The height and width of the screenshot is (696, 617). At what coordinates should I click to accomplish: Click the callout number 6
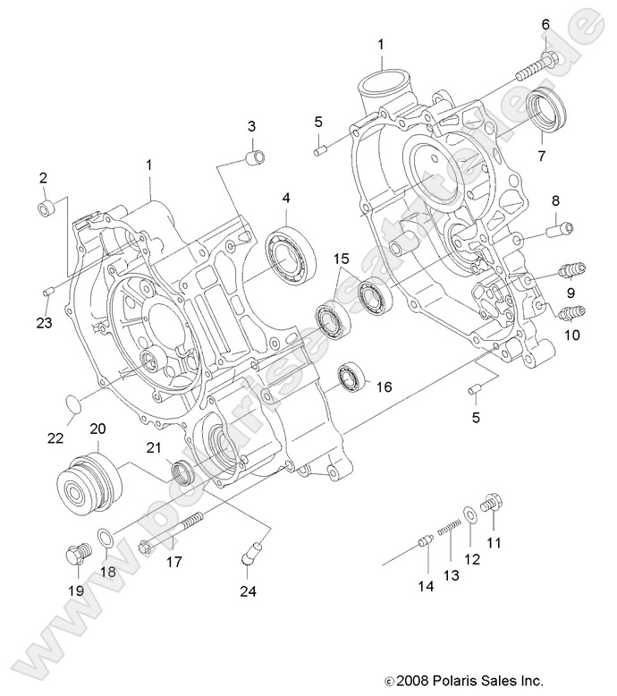point(545,25)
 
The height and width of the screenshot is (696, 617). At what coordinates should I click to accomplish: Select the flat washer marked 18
point(106,539)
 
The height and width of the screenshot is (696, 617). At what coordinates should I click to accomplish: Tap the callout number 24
point(248,590)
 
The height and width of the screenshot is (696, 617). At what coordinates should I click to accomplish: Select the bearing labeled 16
point(350,379)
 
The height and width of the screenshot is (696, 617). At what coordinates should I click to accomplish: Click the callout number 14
point(425,587)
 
